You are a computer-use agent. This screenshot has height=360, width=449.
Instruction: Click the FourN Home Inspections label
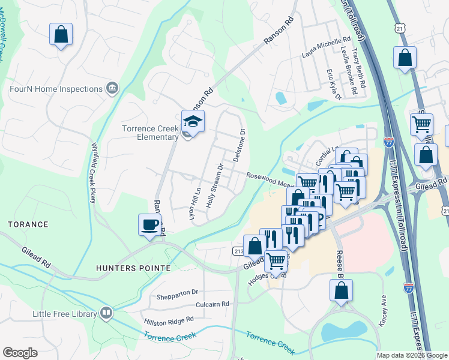tap(56, 89)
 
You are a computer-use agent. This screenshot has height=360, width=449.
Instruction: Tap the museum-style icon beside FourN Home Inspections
tap(112, 89)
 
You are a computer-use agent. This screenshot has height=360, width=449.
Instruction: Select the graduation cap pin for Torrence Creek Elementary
tap(193, 122)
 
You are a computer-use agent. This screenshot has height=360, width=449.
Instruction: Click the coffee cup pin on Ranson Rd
tap(150, 226)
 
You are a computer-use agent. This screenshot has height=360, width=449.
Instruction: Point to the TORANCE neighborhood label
tap(28, 224)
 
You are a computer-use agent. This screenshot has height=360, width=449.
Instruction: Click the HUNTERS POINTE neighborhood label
tap(133, 268)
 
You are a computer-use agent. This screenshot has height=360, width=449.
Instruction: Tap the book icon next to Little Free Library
tap(106, 314)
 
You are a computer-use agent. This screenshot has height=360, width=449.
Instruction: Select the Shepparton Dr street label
tap(177, 292)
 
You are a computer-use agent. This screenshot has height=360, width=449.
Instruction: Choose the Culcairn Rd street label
tap(209, 304)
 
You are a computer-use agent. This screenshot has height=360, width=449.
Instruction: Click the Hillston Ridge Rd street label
tap(169, 321)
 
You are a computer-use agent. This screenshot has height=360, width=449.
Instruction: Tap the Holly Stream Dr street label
tap(214, 186)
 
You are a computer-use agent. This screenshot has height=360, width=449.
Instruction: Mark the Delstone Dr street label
tap(239, 146)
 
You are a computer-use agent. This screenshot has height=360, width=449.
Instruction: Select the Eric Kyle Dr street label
tap(333, 84)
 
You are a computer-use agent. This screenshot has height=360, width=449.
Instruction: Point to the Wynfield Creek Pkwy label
tap(94, 172)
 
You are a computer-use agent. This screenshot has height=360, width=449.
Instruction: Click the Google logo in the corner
tap(20, 353)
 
